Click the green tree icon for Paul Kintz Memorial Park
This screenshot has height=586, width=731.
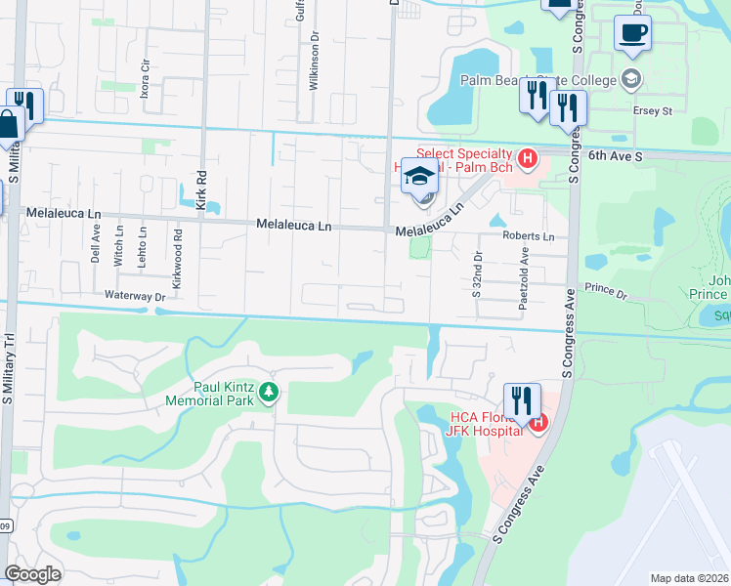pyautogui.click(x=267, y=393)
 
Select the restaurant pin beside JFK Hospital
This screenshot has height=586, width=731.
pyautogui.click(x=521, y=401)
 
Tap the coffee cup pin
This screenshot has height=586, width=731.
pyautogui.click(x=632, y=32)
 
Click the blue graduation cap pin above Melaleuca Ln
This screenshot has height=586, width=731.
pyautogui.click(x=419, y=176)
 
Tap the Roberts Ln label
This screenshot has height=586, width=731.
pyautogui.click(x=528, y=236)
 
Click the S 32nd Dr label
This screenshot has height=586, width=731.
pyautogui.click(x=478, y=272)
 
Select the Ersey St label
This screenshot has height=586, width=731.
pyautogui.click(x=654, y=110)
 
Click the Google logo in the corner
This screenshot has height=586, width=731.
pyautogui.click(x=32, y=574)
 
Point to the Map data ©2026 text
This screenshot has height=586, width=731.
pyautogui.click(x=689, y=578)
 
